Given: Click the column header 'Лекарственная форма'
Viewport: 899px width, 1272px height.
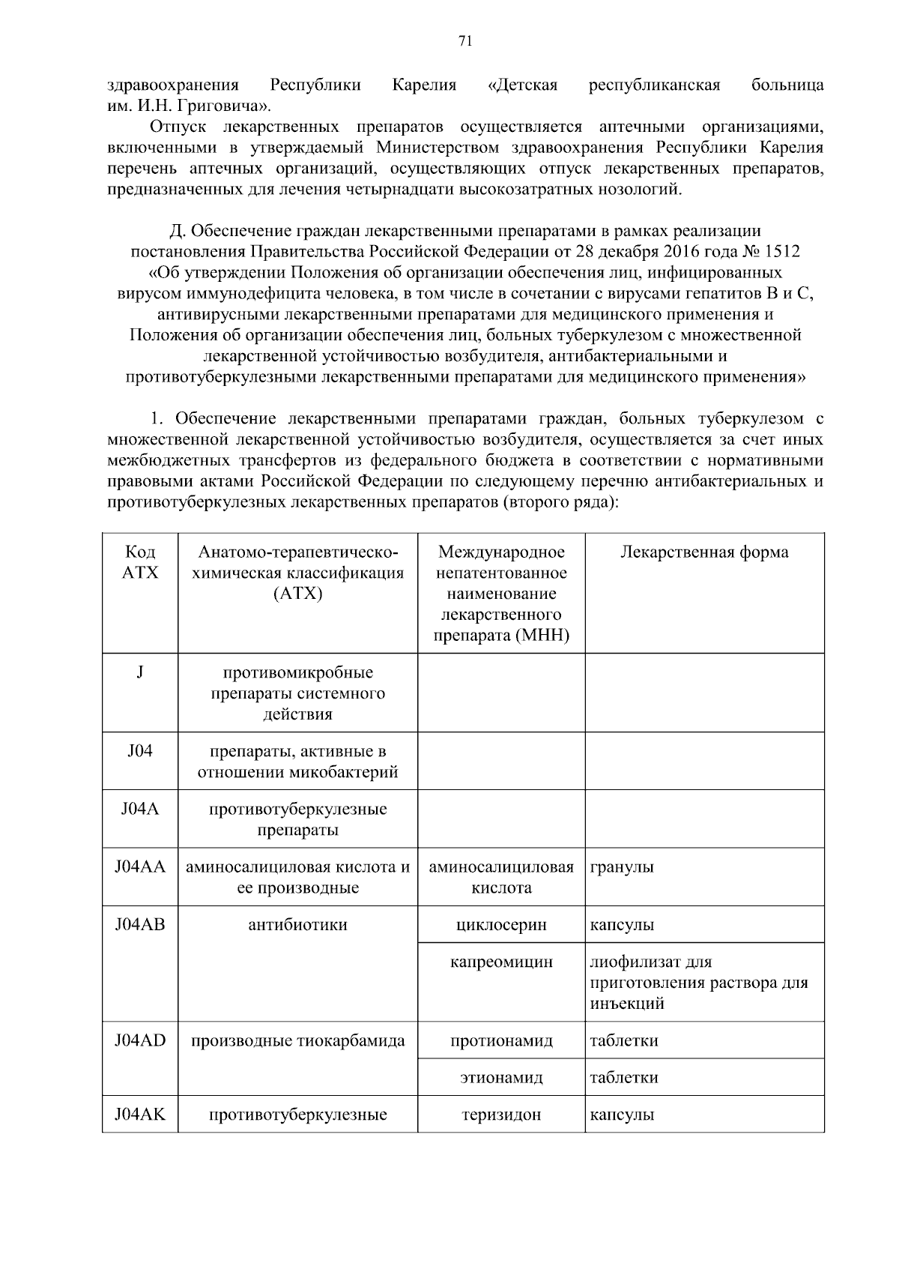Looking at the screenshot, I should (703, 552).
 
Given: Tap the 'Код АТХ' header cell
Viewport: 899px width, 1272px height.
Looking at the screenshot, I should (140, 562).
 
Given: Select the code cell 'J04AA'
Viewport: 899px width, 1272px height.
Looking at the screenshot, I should (140, 867).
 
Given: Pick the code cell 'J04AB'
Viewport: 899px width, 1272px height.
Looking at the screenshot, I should (140, 925).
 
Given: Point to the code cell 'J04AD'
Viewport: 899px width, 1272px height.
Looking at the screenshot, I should (140, 1040).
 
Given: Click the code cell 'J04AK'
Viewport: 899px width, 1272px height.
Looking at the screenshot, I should (140, 1115).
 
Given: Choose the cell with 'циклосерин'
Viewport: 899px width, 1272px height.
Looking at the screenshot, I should (501, 925).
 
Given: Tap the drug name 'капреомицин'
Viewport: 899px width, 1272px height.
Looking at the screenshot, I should (501, 962).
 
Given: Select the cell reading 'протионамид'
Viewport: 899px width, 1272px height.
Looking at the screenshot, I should (501, 1040).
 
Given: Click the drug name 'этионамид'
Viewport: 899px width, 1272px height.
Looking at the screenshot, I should (501, 1078).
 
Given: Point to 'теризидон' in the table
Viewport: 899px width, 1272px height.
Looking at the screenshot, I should (501, 1115).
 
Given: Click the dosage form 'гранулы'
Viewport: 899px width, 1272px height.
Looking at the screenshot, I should (622, 867).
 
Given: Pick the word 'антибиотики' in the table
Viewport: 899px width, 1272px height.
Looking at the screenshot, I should (297, 925).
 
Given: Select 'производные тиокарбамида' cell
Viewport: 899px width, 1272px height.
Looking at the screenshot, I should (297, 1040).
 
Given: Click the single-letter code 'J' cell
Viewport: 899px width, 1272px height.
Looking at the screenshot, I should (140, 672).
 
